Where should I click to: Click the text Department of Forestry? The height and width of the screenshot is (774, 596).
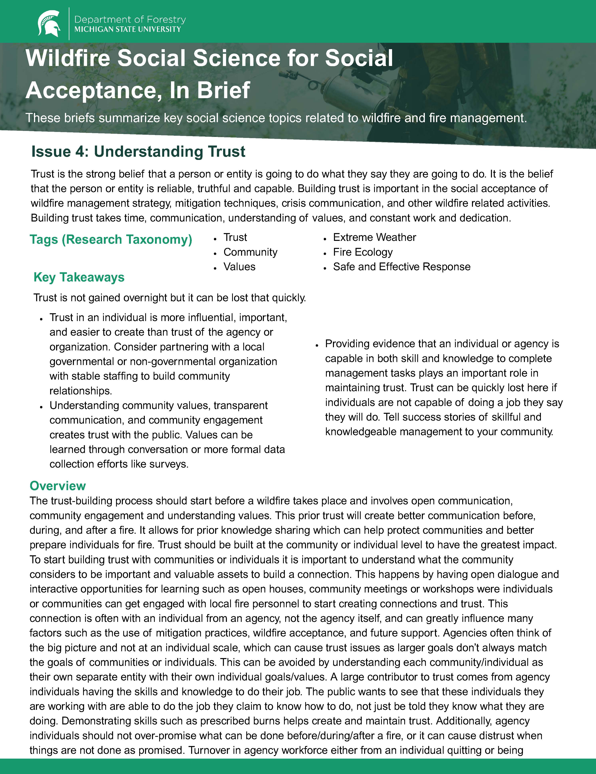click(130, 20)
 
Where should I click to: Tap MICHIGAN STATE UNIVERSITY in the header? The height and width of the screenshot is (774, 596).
click(127, 29)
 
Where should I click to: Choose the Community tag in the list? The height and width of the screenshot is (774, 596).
click(250, 252)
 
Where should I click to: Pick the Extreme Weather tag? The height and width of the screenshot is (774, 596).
click(374, 237)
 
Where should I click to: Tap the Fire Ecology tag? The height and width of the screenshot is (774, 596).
click(363, 252)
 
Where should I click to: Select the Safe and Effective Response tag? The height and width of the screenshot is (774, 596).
click(402, 266)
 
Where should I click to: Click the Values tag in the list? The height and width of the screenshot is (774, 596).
click(239, 266)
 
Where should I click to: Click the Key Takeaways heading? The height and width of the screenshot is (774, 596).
click(79, 277)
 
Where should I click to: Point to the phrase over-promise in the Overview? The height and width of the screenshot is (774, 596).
click(165, 736)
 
